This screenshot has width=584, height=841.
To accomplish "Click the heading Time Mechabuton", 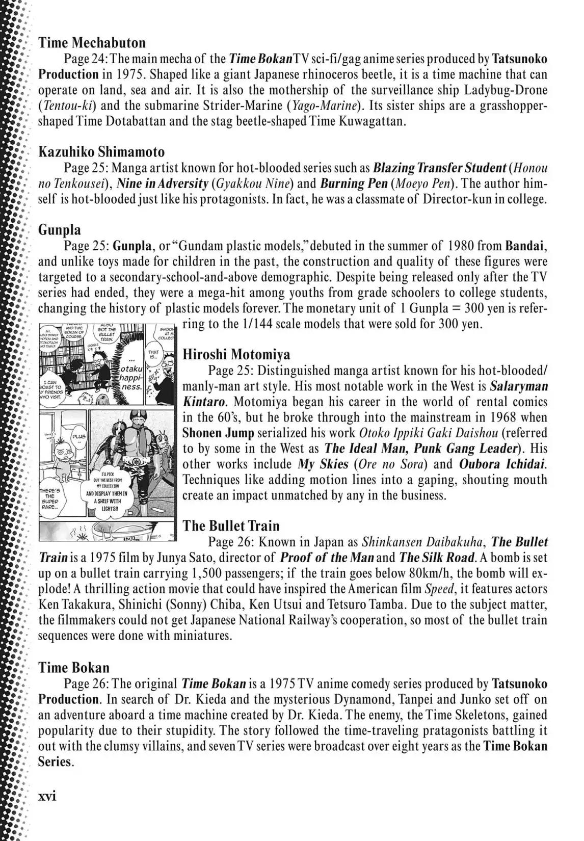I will tap(92, 42).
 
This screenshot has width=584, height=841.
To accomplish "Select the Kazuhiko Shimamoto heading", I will tap(101, 152).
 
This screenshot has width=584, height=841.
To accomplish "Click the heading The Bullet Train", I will tap(231, 525).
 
